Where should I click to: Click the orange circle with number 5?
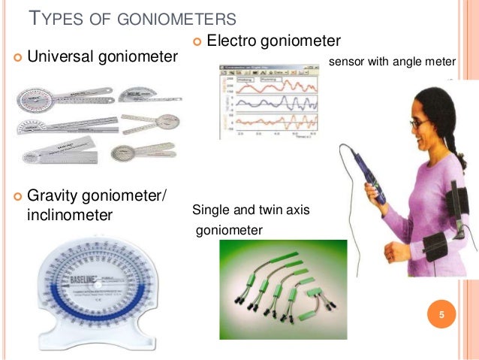[442, 314]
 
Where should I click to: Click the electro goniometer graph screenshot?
[268, 102]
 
